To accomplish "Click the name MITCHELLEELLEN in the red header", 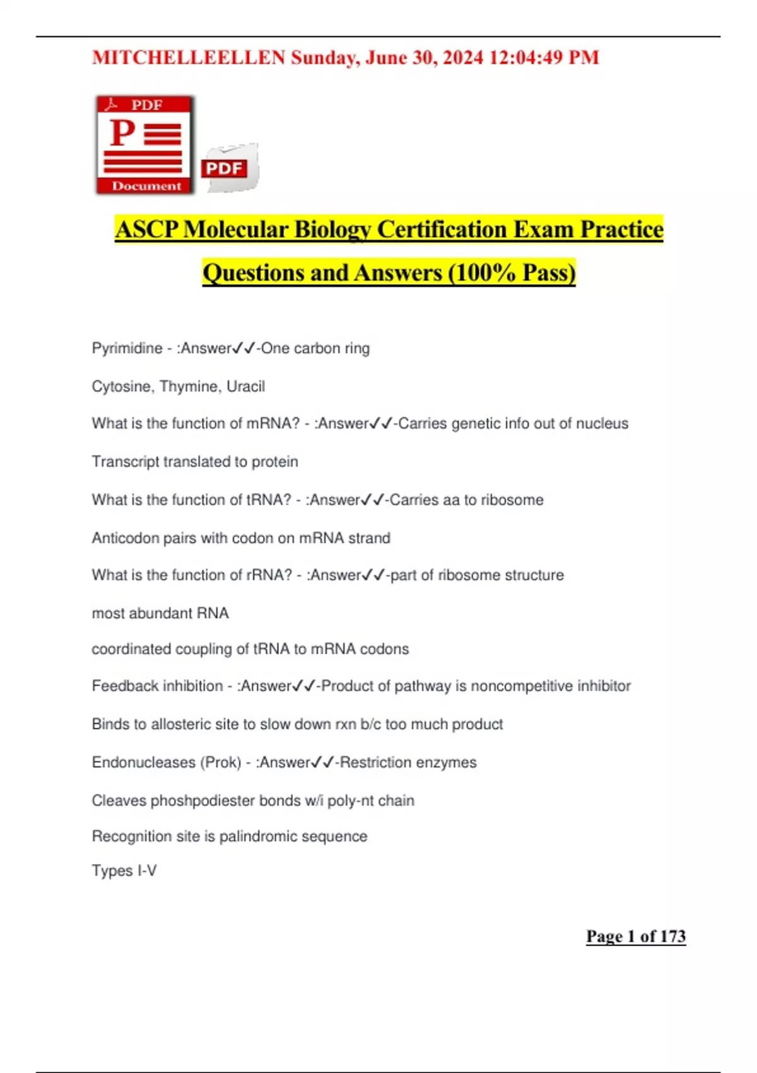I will pos(189,58).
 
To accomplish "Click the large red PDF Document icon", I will pos(145,145).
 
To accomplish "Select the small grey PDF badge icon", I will pos(230,168).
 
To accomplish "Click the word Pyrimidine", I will pos(127,348).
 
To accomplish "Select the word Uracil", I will pos(245,386).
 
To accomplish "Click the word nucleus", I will pos(602,424).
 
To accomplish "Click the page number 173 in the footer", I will pos(672,936).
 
